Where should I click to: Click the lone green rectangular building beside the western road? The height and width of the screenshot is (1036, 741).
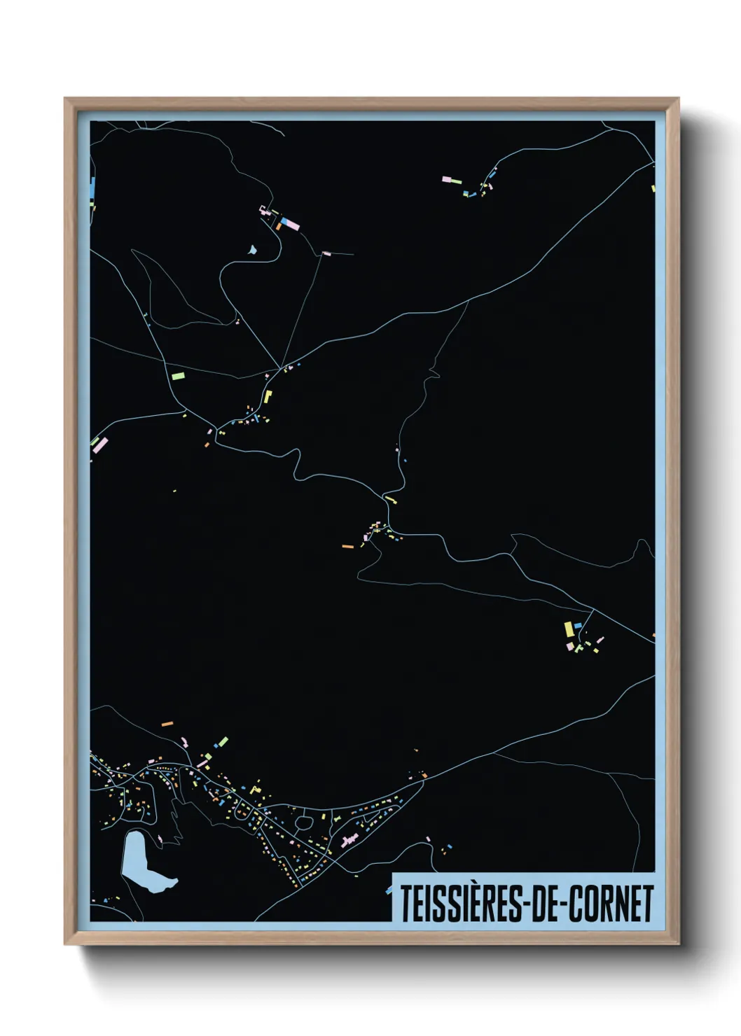178,376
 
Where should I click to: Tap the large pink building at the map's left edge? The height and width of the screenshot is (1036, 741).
101,445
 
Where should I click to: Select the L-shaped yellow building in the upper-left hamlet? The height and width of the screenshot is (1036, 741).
268,397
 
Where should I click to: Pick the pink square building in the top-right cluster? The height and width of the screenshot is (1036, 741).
447,179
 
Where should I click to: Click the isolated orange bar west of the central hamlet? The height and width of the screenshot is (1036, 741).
347,546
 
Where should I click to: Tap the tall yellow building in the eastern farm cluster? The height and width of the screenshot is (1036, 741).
569,629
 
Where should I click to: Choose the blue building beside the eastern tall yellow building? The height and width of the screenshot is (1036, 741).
578,625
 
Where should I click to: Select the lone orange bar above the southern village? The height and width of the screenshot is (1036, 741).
167,724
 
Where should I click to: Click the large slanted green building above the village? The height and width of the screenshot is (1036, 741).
223,741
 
